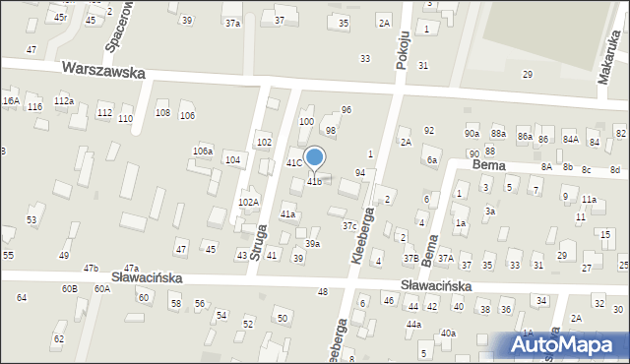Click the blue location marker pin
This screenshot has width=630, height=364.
coord(314,158)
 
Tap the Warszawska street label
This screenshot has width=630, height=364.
coord(102,72)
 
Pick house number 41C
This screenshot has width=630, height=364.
coord(293,162)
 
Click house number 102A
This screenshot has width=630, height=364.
coord(248,203)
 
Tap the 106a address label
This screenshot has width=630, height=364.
coord(203,151)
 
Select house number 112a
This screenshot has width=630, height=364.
coord(64,101)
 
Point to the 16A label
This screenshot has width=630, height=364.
coord(11,101)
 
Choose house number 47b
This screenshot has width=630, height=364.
coord(92,268)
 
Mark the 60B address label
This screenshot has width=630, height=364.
coord(69,288)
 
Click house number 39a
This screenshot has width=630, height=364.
coord(311,243)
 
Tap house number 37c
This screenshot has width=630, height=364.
coord(349,225)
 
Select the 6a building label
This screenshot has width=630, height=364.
coord(431,160)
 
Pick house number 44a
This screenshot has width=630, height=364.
coord(413,325)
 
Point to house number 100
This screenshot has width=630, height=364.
coord(306,121)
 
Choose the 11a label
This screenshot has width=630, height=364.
coord(589,199)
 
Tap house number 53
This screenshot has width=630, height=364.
coord(31,219)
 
